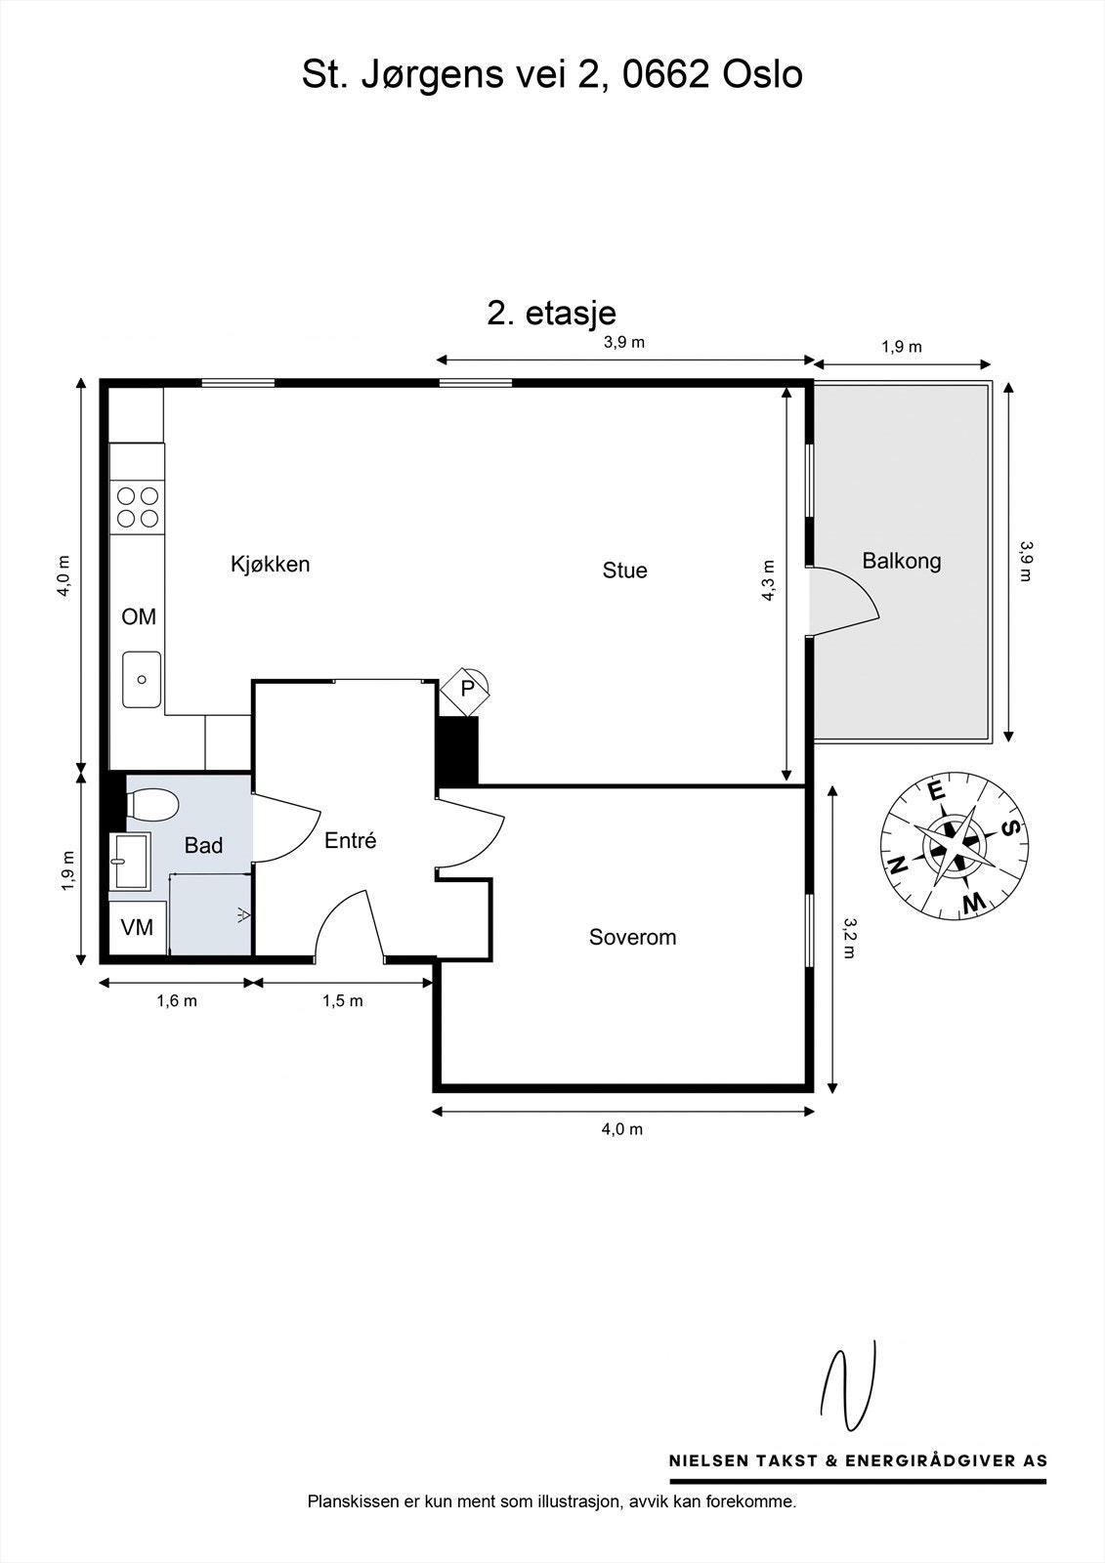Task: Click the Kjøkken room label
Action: coord(270,564)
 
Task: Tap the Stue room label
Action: coord(624,570)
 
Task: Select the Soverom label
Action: coord(632,937)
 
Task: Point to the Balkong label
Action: coord(901,561)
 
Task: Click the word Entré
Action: coord(351,840)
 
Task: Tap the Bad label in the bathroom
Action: coord(203,846)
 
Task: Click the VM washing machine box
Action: coord(138,927)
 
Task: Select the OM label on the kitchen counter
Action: coord(138,616)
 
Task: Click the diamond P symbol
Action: coord(466,690)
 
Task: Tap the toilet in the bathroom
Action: coord(151,803)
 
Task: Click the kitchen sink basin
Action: coord(142,680)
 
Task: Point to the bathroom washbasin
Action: coord(130,861)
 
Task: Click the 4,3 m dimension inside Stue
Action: coord(768,580)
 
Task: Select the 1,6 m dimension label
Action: coord(177,1000)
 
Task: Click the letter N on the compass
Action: coord(898,866)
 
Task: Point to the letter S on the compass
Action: coord(1011,828)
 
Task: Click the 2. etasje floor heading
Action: coord(551,313)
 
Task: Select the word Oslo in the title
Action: coord(762,74)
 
